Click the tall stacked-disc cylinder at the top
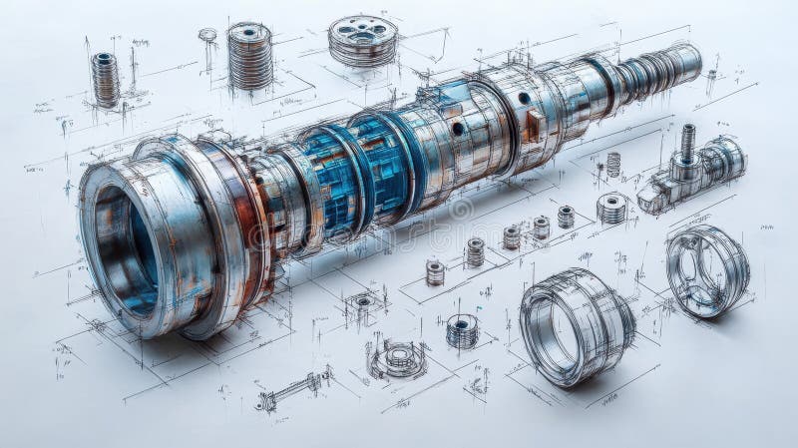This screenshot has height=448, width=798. (249, 55)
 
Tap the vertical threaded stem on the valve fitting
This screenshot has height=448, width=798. (687, 142)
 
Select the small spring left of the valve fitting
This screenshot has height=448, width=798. (613, 164)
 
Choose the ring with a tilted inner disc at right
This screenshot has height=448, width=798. (706, 269)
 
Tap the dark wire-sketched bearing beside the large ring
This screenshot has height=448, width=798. (462, 330)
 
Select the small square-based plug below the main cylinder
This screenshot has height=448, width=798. (363, 303)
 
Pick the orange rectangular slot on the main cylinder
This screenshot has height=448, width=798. (536, 124)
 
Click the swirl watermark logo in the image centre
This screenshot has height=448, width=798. (460, 210)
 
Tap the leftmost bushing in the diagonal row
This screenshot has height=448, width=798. (435, 271)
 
